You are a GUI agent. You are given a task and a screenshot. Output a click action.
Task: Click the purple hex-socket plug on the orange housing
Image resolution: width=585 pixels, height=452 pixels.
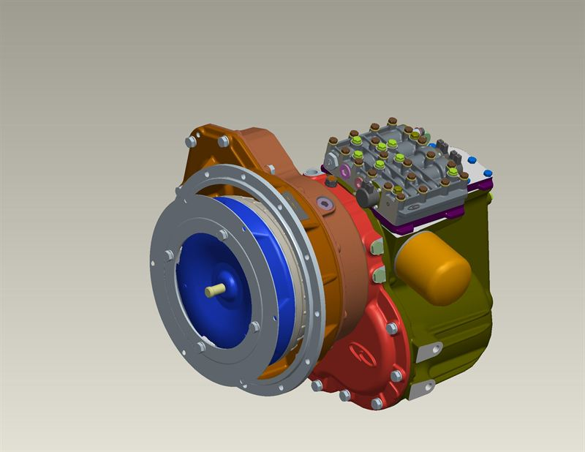pyautogui.click(x=323, y=205)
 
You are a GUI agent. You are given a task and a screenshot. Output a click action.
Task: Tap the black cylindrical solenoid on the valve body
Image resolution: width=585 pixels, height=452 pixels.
pyautogui.click(x=366, y=199)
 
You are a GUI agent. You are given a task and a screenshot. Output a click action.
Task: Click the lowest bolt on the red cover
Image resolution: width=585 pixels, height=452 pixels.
pyautogui.click(x=377, y=404)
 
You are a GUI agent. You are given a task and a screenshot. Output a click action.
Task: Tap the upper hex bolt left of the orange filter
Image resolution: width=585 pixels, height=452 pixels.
pyautogui.click(x=377, y=248)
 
